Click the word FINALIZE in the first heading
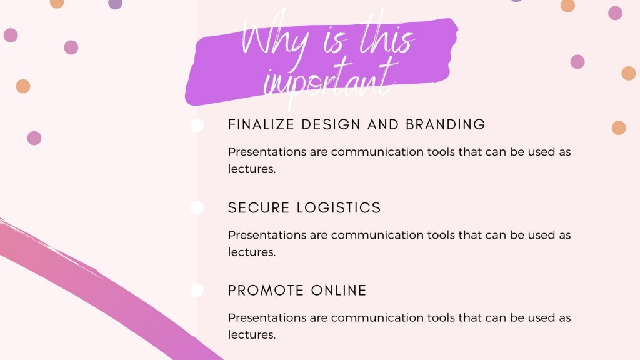(261, 124)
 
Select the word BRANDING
(445, 124)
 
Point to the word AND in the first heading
(383, 124)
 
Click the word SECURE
(259, 207)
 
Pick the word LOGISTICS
(339, 207)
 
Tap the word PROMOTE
(266, 291)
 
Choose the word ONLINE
(339, 291)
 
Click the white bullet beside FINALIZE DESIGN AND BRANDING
(197, 125)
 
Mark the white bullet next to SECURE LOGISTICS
(197, 207)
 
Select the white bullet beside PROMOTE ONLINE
(197, 290)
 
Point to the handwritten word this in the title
(387, 37)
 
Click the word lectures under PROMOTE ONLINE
(252, 335)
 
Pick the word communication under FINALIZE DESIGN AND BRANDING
(377, 152)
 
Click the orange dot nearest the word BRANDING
(619, 127)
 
